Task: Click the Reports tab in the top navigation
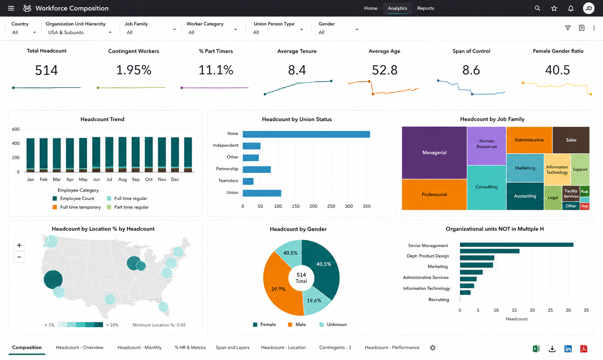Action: point(426,8)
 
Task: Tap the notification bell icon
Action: point(571,8)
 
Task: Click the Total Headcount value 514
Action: point(46,70)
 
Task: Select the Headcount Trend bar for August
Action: point(123,155)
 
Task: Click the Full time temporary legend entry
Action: point(77,207)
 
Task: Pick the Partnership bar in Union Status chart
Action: point(257,169)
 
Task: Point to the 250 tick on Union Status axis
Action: point(331,206)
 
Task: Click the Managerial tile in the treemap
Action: point(434,153)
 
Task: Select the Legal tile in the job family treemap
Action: point(553,198)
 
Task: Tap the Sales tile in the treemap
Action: point(571,140)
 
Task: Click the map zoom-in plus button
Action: point(19,245)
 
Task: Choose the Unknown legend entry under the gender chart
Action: point(333,324)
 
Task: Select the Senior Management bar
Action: point(516,245)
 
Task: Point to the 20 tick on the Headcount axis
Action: point(532,310)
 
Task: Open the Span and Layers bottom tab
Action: point(232,347)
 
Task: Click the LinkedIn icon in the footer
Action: point(568,349)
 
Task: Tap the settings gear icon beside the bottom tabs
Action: point(433,348)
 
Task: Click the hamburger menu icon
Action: point(11,8)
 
